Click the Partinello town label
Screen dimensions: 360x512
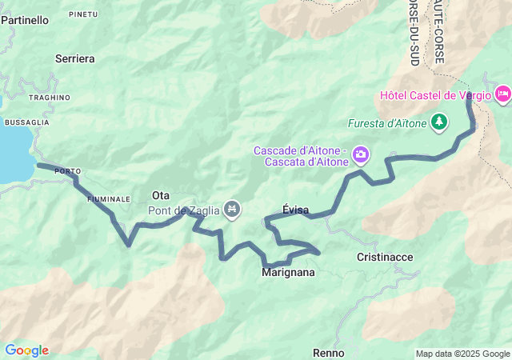click(x=24, y=20)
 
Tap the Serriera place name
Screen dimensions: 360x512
click(x=75, y=58)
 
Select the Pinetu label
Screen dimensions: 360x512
click(x=83, y=14)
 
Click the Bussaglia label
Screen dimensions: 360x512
click(x=26, y=122)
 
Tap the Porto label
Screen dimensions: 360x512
click(x=67, y=171)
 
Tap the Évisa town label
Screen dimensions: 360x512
click(x=296, y=210)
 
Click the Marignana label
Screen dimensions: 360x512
click(x=288, y=273)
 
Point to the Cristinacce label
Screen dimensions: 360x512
click(x=385, y=257)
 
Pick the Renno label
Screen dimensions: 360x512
click(x=328, y=353)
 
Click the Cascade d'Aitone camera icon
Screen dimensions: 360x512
click(x=361, y=151)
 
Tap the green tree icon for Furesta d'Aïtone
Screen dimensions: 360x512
click(x=438, y=122)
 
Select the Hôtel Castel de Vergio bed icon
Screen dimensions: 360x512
click(x=503, y=94)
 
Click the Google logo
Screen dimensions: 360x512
click(x=26, y=350)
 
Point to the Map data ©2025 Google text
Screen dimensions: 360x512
click(x=462, y=354)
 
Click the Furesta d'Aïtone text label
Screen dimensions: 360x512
click(x=387, y=123)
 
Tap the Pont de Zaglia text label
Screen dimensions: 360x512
click(x=184, y=210)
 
